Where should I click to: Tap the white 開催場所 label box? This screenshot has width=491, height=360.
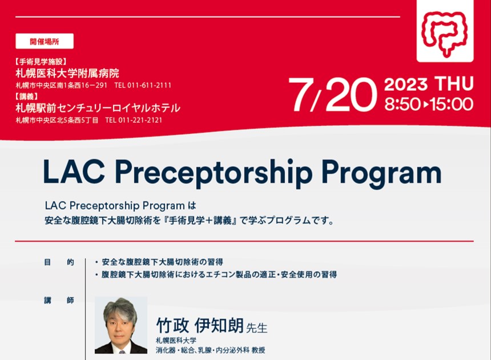point(45,41)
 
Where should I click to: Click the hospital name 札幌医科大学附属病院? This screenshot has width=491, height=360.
point(67,74)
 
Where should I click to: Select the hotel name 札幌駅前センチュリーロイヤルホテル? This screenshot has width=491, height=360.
point(98,107)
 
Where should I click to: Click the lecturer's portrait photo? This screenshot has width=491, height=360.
point(120,325)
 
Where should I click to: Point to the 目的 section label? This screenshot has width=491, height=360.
point(58,262)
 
